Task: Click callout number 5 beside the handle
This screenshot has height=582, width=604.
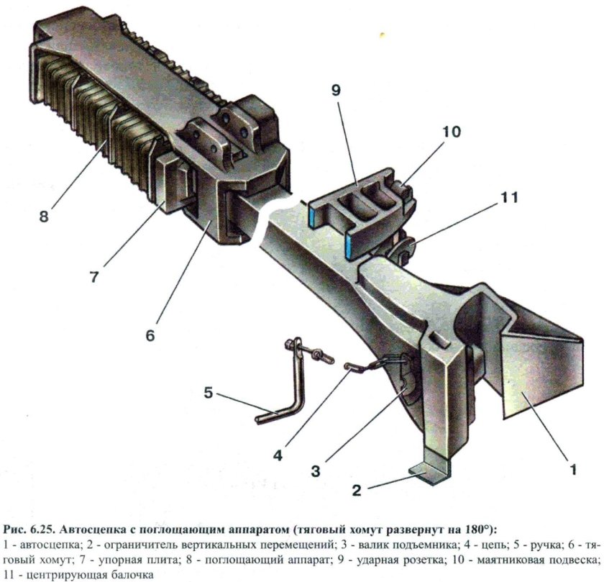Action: pyautogui.click(x=209, y=394)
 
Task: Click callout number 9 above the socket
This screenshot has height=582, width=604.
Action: pyautogui.click(x=337, y=90)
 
